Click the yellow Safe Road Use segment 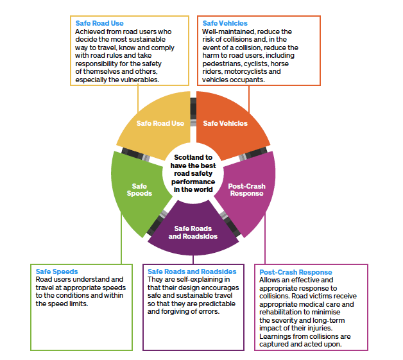coord(157,125)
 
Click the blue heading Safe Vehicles coord(225,23)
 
